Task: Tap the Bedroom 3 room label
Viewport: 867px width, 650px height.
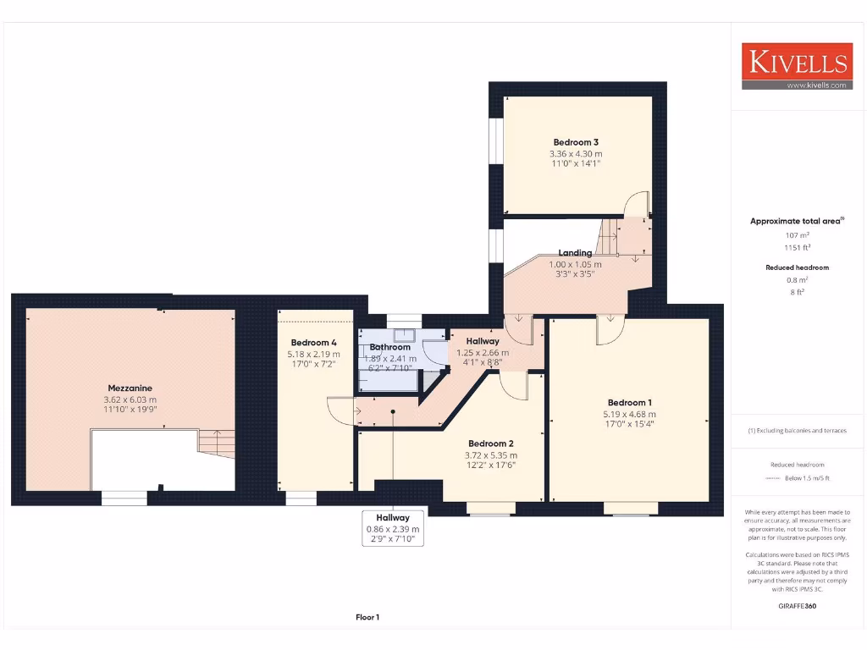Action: (576, 142)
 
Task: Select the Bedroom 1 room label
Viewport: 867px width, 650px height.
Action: (630, 402)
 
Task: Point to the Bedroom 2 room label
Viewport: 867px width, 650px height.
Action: (491, 443)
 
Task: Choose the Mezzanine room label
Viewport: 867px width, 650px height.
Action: (130, 388)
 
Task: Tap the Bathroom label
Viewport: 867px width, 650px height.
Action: (390, 347)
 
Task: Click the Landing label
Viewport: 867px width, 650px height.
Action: (575, 252)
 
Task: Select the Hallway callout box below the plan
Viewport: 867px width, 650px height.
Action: (393, 529)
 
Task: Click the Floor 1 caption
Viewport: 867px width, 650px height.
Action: (367, 618)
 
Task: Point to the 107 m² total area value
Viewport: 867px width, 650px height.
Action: (796, 234)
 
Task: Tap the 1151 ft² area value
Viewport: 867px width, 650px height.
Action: (796, 247)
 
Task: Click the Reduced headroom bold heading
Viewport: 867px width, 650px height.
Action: (796, 267)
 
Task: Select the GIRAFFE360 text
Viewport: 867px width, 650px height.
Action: (796, 606)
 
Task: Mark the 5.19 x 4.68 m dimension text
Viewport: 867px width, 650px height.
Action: (630, 415)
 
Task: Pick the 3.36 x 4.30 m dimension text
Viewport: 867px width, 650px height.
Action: (576, 154)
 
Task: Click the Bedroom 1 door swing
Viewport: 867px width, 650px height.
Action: (608, 333)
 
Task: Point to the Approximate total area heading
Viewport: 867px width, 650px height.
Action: (796, 221)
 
